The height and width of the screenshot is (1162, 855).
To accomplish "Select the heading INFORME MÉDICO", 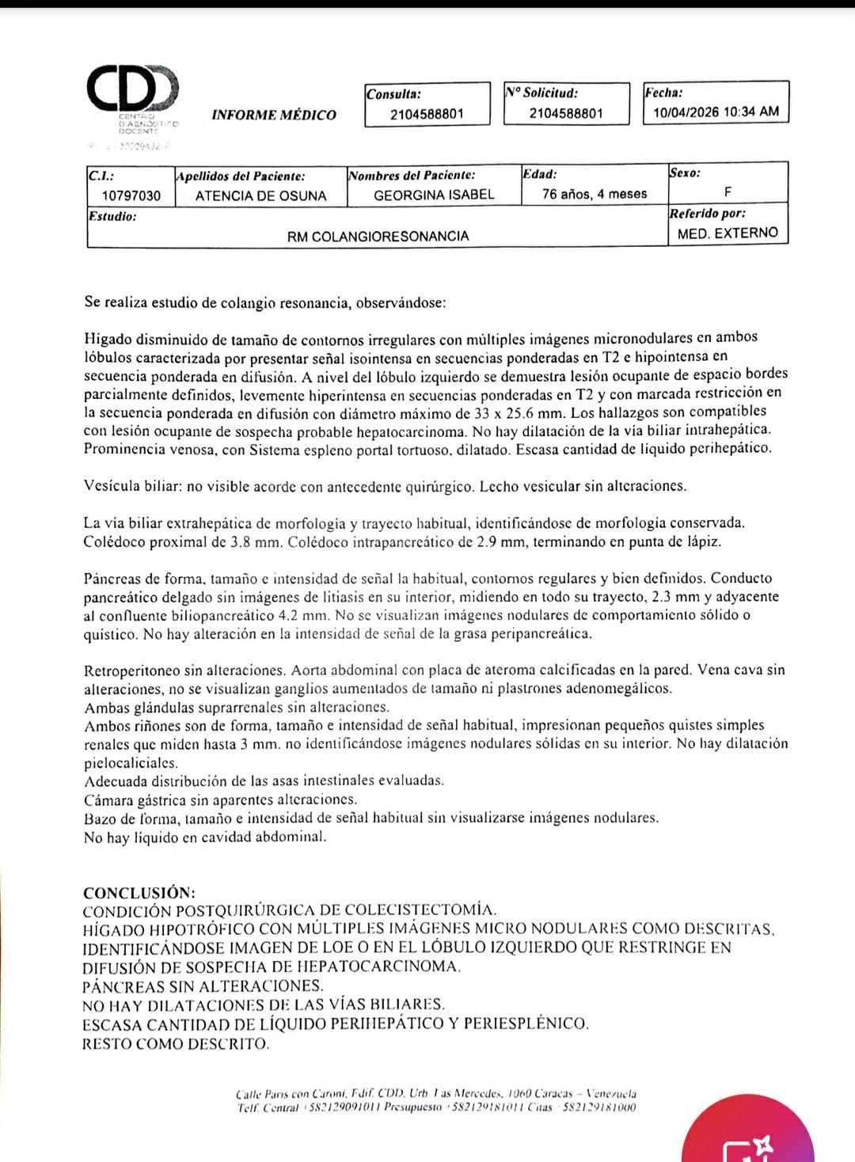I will [x=274, y=115].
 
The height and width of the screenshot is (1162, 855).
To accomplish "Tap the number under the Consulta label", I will [x=427, y=114].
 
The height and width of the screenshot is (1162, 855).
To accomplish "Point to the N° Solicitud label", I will [x=541, y=93].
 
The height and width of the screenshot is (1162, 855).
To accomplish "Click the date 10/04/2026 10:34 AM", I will [x=716, y=112].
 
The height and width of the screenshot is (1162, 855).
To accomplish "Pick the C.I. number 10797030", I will [x=131, y=196].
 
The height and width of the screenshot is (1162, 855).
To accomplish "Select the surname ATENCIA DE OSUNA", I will [x=260, y=196].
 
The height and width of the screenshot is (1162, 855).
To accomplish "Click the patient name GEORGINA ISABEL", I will [x=434, y=195].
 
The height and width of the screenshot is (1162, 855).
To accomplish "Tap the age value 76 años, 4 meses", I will [x=595, y=194].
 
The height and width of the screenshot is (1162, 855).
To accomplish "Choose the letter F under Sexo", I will [x=728, y=192].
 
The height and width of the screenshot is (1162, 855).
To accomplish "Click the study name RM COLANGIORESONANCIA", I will [x=378, y=236].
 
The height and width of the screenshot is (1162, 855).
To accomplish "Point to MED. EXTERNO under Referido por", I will [x=728, y=233].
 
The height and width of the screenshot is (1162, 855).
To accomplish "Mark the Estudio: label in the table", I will [x=112, y=216].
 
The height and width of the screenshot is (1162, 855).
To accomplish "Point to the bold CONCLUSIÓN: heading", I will [x=139, y=893].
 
